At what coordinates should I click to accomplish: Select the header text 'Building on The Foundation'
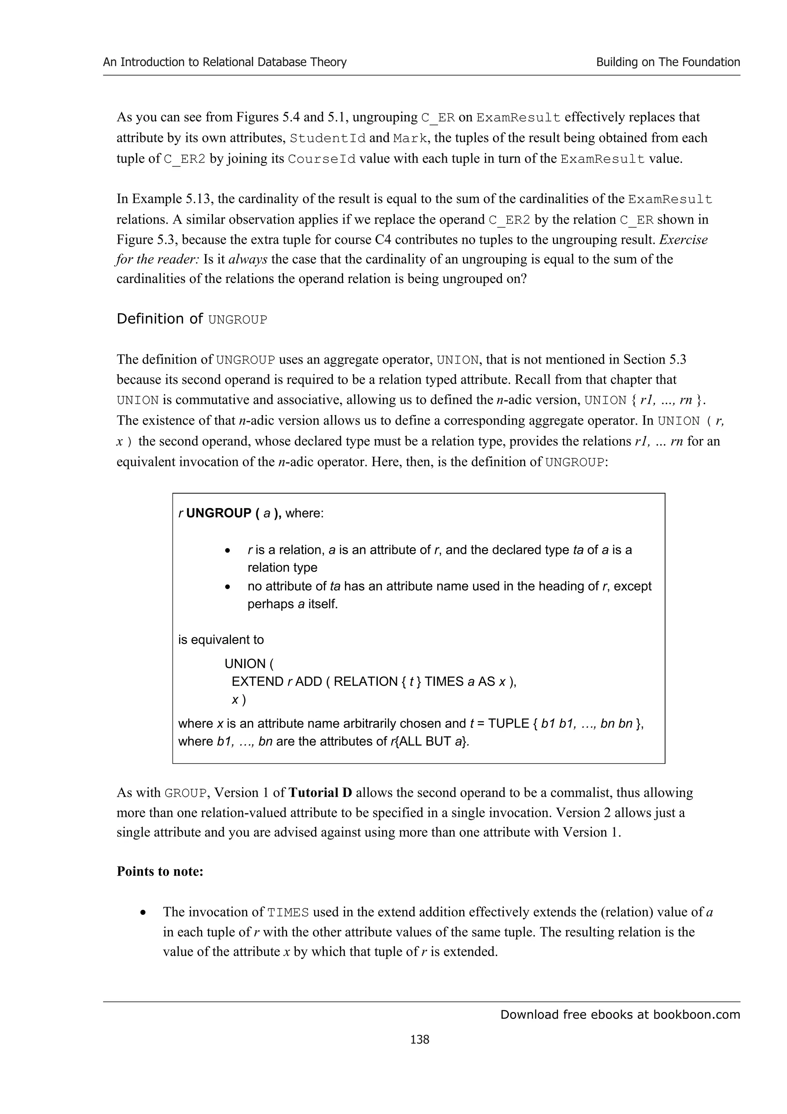668,62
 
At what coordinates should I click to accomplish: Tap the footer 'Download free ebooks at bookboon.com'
620,1014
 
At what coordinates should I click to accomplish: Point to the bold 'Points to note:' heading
160,871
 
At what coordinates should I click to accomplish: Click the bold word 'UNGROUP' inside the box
218,513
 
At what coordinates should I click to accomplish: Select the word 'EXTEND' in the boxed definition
257,682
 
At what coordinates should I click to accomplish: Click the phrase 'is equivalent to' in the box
221,640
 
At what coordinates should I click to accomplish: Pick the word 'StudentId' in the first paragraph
327,138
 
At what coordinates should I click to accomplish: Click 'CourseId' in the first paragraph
322,159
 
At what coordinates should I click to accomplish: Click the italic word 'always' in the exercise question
248,259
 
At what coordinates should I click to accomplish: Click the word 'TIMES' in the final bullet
288,912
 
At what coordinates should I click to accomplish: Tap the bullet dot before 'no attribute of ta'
227,587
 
